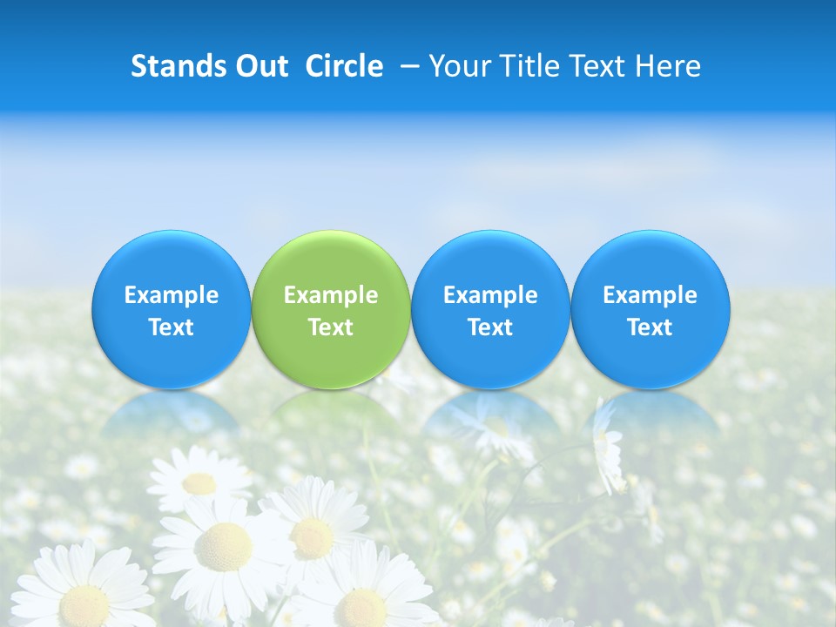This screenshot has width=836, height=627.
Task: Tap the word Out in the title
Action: (x=260, y=66)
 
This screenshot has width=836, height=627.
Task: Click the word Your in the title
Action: (x=458, y=66)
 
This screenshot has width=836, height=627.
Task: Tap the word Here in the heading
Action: (x=667, y=66)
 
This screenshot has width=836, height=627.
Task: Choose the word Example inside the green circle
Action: (x=330, y=295)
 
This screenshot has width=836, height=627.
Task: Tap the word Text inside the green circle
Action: (x=330, y=327)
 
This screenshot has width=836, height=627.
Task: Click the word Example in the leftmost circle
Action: (x=171, y=295)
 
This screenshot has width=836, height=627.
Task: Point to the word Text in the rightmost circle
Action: (x=650, y=327)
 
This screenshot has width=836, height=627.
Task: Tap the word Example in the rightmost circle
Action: (x=650, y=295)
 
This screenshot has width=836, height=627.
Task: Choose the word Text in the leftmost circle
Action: (x=171, y=327)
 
